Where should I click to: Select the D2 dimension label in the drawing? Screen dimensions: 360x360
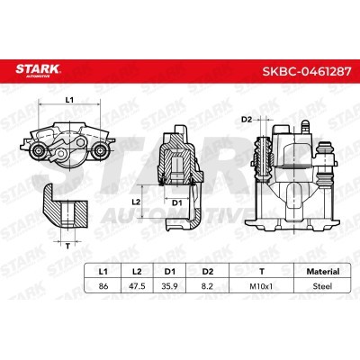245,118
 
